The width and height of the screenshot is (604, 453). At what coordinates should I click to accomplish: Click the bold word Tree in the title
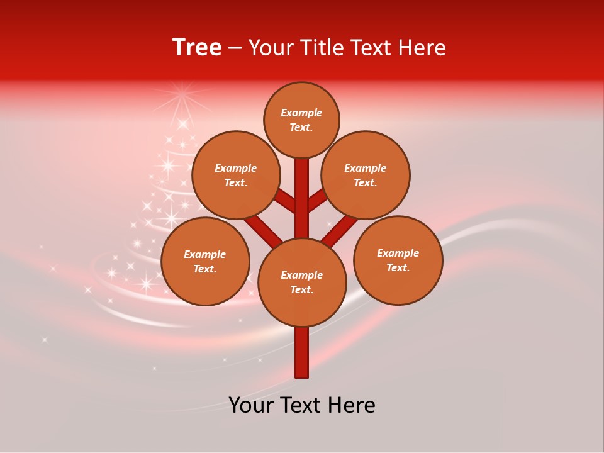[197, 47]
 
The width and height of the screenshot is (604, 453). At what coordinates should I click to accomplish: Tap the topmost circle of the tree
[301, 120]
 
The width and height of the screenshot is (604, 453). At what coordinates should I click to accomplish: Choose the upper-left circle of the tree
[235, 175]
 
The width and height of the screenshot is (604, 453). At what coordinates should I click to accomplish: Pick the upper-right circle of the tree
[366, 175]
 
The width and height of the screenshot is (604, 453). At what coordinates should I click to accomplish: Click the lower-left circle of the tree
[205, 261]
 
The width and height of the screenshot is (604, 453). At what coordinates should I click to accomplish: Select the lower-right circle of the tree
[398, 260]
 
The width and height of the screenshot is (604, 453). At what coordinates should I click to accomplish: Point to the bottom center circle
[302, 282]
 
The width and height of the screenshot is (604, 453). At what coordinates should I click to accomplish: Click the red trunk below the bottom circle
[302, 352]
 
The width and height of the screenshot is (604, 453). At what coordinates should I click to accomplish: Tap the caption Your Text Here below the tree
[302, 405]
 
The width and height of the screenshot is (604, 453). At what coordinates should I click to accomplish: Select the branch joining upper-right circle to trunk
[318, 200]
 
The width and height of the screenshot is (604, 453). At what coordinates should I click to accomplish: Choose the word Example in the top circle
[301, 113]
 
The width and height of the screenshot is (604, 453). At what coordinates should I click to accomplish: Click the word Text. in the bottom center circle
[301, 289]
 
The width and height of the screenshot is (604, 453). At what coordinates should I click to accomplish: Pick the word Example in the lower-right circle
[398, 253]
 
